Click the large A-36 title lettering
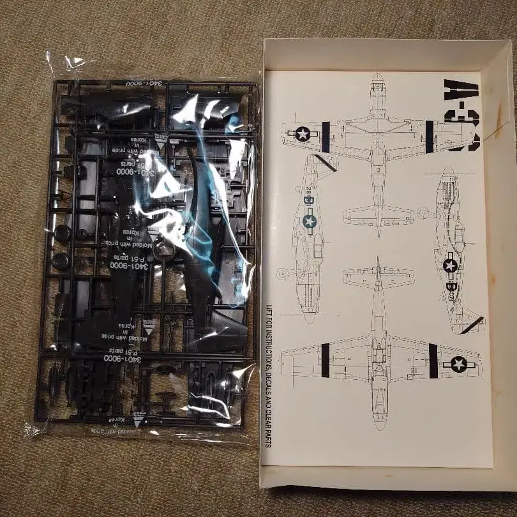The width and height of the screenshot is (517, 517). click(x=462, y=115)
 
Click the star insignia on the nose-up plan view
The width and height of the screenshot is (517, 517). click(x=301, y=133)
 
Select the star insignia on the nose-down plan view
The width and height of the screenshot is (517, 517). click(x=459, y=364)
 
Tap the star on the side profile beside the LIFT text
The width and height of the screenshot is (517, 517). click(x=310, y=221)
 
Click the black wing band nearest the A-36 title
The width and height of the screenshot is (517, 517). click(x=429, y=136)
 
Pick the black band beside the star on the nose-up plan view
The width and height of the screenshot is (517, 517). click(x=326, y=137)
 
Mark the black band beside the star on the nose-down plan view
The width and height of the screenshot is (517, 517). click(x=433, y=361)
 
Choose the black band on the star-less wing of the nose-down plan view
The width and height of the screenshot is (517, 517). click(x=325, y=360)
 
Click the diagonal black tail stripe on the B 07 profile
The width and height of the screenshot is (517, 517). click(x=472, y=325)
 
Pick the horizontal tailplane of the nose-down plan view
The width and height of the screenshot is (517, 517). click(x=378, y=276)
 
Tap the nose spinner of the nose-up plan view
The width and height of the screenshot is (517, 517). click(x=377, y=79)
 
